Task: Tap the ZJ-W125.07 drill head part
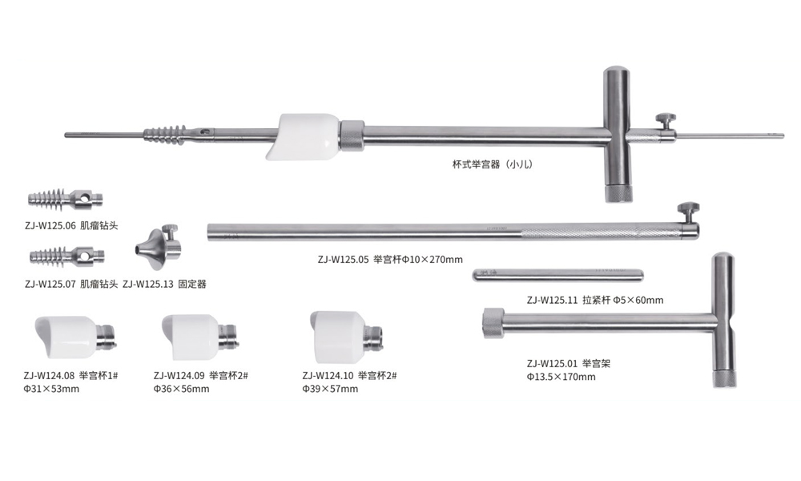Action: pyautogui.click(x=67, y=256)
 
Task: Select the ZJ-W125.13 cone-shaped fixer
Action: pyautogui.click(x=158, y=246)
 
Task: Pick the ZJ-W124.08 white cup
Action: pyautogui.click(x=75, y=337)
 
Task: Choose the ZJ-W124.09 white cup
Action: pyautogui.click(x=200, y=337)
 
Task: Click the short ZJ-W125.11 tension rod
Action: pyautogui.click(x=557, y=276)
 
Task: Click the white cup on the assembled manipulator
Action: pyautogui.click(x=303, y=136)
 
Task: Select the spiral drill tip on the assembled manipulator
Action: pyautogui.click(x=165, y=134)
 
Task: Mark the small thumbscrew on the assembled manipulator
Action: pyautogui.click(x=666, y=122)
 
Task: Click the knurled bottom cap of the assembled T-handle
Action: pyautogui.click(x=618, y=193)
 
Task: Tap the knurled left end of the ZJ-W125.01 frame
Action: pyautogui.click(x=493, y=323)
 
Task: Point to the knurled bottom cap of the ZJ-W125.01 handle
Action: pyautogui.click(x=725, y=378)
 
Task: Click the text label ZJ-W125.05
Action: pyautogui.click(x=343, y=259)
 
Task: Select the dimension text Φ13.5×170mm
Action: pyautogui.click(x=561, y=377)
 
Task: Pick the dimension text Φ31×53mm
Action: pyautogui.click(x=51, y=389)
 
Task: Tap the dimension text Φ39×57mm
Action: pyautogui.click(x=330, y=389)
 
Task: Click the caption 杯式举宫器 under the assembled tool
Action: pyautogui.click(x=476, y=164)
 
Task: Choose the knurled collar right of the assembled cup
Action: pyautogui.click(x=352, y=135)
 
